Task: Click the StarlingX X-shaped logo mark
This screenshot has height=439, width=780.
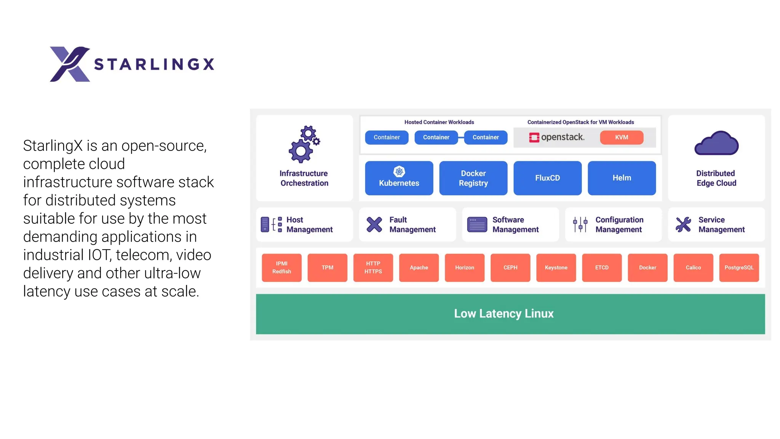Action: tap(70, 64)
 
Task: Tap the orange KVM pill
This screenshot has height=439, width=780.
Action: tap(622, 137)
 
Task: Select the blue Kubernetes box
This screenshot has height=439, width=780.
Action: tap(399, 178)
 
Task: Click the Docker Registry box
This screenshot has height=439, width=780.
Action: tap(473, 178)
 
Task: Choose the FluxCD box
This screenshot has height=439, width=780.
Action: tap(547, 178)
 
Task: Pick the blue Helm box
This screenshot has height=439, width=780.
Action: tap(622, 178)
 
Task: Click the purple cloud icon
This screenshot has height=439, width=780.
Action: tap(716, 144)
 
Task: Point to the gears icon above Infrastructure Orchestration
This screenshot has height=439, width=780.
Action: tap(304, 144)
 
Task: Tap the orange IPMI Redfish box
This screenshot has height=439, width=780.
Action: tap(281, 268)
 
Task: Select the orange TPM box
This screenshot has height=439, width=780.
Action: tap(327, 268)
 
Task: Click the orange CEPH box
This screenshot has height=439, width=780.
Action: tap(510, 268)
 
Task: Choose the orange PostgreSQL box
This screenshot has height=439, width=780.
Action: tap(739, 268)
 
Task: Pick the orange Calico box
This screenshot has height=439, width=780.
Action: tap(693, 268)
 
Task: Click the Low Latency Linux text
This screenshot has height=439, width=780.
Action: tap(503, 314)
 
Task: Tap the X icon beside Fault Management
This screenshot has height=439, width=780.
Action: tap(374, 224)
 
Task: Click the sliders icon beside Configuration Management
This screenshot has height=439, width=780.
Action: tap(580, 224)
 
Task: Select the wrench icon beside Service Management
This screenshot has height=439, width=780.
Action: tap(683, 224)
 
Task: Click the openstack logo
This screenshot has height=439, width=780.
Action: tap(556, 137)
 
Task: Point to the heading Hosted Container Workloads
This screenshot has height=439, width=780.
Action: tap(439, 122)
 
